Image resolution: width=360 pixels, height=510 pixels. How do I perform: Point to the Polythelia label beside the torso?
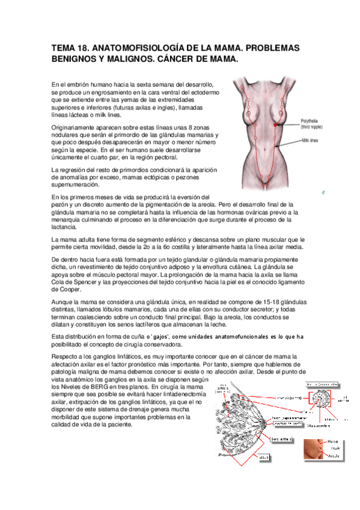point(313,121)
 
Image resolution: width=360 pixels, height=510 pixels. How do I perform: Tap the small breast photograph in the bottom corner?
point(314,449)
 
